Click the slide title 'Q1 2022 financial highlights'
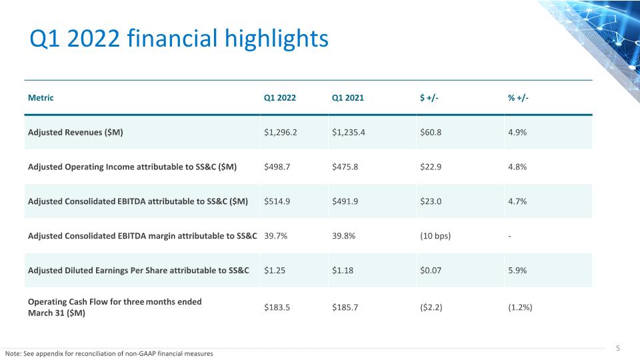click(x=179, y=39)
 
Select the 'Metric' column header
click(x=41, y=98)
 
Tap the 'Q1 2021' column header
click(x=348, y=98)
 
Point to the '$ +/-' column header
click(x=429, y=98)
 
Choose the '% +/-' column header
click(x=518, y=98)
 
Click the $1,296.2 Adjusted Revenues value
click(x=281, y=132)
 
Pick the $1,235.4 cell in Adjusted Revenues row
click(x=349, y=132)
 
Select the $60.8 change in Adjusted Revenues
click(x=431, y=132)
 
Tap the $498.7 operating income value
click(x=277, y=167)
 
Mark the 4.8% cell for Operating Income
click(x=517, y=167)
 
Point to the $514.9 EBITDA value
click(x=277, y=201)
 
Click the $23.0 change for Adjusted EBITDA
click(x=431, y=201)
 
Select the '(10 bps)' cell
click(x=435, y=236)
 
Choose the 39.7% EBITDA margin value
click(x=275, y=236)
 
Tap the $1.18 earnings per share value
click(x=343, y=270)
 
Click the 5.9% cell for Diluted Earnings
click(x=517, y=270)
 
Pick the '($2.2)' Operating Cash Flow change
click(x=431, y=307)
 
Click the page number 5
click(x=618, y=348)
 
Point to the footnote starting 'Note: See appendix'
click(x=109, y=354)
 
